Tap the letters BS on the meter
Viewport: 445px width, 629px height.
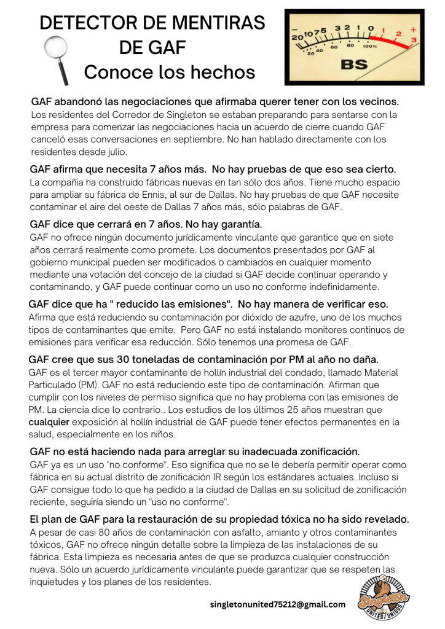point(354,64)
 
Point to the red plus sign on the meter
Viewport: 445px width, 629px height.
point(413,29)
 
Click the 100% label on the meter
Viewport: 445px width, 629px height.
point(370,46)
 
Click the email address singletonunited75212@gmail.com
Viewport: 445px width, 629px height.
point(278,604)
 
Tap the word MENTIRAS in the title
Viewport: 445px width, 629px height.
point(211,23)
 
